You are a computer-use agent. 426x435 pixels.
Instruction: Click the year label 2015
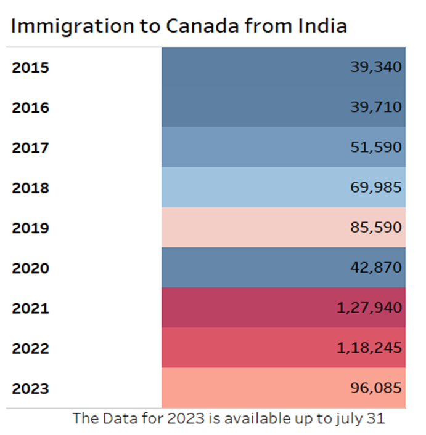(30, 68)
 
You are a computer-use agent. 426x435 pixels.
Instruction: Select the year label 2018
(30, 188)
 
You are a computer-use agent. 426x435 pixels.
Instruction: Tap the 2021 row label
(30, 308)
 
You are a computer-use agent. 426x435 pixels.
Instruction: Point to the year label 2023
(30, 389)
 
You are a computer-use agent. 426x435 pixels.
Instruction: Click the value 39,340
(376, 67)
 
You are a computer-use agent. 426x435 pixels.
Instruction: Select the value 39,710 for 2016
(376, 107)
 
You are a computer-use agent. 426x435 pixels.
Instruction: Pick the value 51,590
(376, 147)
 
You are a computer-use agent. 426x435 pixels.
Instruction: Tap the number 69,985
(376, 187)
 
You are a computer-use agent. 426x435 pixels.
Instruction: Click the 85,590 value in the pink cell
(376, 228)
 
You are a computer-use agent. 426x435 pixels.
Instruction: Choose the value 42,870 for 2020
(376, 268)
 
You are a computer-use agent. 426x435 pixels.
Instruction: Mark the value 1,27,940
(369, 308)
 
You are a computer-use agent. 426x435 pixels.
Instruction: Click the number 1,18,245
(369, 348)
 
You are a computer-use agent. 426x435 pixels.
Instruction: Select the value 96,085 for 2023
(376, 388)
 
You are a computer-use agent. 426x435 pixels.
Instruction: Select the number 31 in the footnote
(374, 419)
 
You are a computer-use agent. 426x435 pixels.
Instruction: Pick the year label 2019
(30, 228)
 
